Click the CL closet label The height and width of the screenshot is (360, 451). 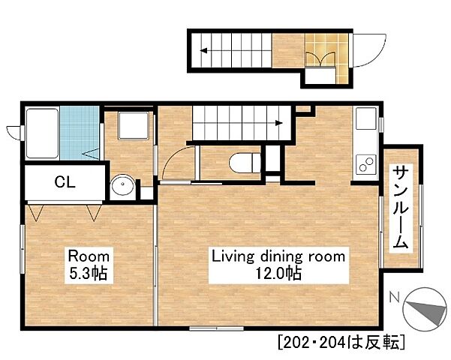tap(65, 181)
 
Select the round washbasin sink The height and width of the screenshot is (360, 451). tap(123, 184)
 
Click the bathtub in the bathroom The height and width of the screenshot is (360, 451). tap(42, 133)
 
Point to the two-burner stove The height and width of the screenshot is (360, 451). tap(366, 164)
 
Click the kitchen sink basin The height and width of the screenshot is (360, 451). tap(366, 118)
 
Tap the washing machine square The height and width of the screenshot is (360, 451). tap(134, 126)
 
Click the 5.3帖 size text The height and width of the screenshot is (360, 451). tap(89, 273)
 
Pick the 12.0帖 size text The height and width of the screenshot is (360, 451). tap(278, 273)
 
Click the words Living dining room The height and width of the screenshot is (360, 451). tap(278, 256)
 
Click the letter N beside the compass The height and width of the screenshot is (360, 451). tap(394, 297)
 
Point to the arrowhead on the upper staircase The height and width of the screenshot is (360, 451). tap(203, 51)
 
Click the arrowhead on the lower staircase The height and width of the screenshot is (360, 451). tap(278, 123)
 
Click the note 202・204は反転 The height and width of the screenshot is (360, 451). tap(341, 342)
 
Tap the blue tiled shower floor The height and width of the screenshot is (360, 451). tap(80, 133)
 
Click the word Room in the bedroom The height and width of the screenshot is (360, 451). tap(89, 256)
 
